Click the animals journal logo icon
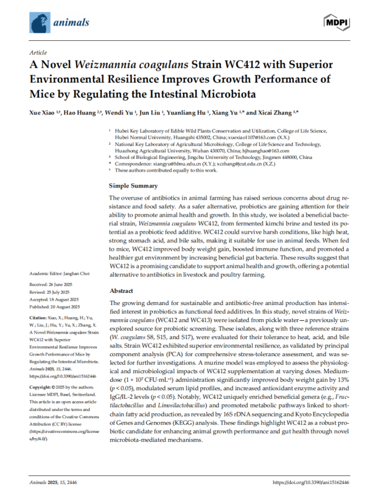[40, 22]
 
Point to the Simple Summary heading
[133, 169]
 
